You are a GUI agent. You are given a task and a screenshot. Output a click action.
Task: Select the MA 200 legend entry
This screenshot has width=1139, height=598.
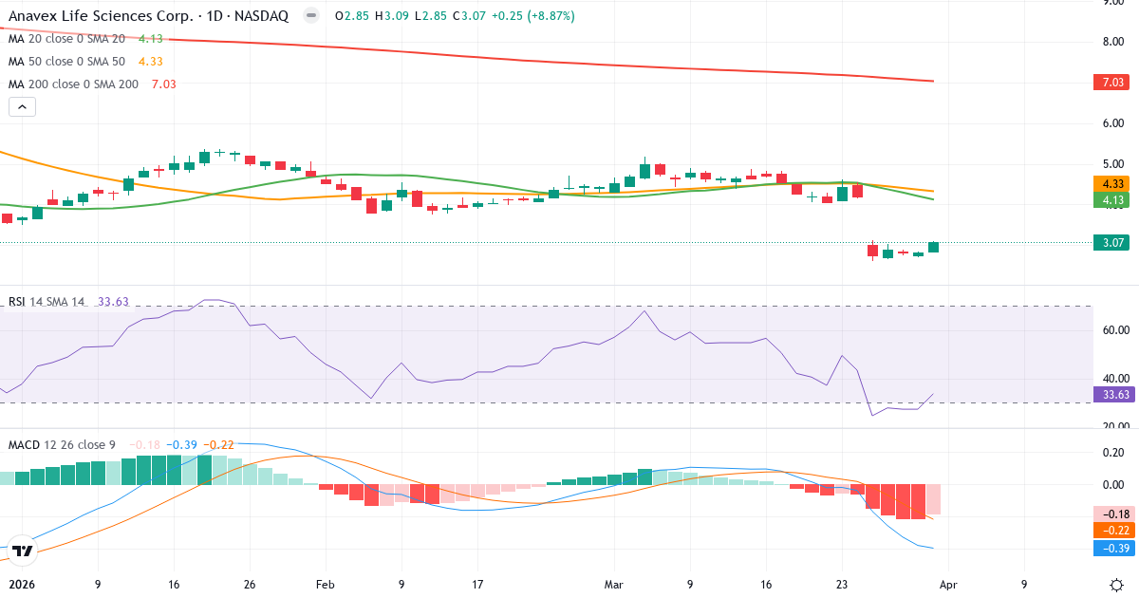pyautogui.click(x=74, y=84)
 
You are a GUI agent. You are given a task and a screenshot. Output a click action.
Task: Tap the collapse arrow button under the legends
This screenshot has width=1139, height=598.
pyautogui.click(x=22, y=107)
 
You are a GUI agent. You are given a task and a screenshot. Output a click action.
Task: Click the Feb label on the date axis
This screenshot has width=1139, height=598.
pyautogui.click(x=326, y=585)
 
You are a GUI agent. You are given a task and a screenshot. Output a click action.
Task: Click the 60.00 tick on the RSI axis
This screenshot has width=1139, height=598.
pyautogui.click(x=1114, y=329)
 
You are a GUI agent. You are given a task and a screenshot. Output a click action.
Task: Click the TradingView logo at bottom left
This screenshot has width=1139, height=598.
pyautogui.click(x=23, y=550)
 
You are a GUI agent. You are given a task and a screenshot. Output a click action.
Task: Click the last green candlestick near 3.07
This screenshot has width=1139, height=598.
pyautogui.click(x=934, y=248)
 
